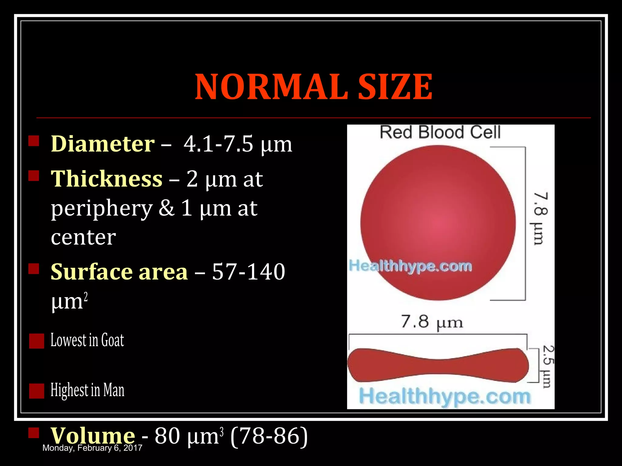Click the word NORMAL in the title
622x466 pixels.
point(271,87)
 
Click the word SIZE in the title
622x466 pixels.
point(395,87)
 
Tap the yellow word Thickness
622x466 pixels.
point(107,179)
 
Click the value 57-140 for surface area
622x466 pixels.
point(248,271)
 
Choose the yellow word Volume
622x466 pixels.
point(93,436)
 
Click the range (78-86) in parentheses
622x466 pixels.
point(269,436)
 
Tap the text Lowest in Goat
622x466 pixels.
point(87,340)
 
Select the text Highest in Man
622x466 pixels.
point(87,390)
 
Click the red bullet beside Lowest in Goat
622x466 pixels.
point(37,341)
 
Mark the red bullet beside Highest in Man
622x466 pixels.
point(37,391)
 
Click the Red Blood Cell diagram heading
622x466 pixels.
point(440,132)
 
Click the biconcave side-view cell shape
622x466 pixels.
point(438,365)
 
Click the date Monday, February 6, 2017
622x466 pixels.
point(92,448)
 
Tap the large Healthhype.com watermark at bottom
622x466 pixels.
point(445,397)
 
